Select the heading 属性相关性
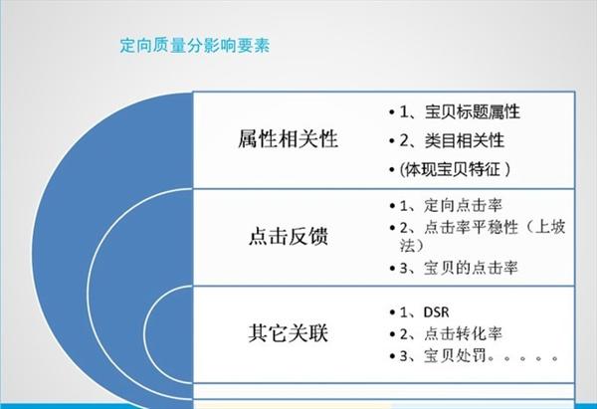tap(289, 139)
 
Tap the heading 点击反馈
tap(289, 240)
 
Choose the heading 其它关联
tap(289, 332)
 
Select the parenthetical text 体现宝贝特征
tap(460, 170)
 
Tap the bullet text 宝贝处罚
tap(452, 355)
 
